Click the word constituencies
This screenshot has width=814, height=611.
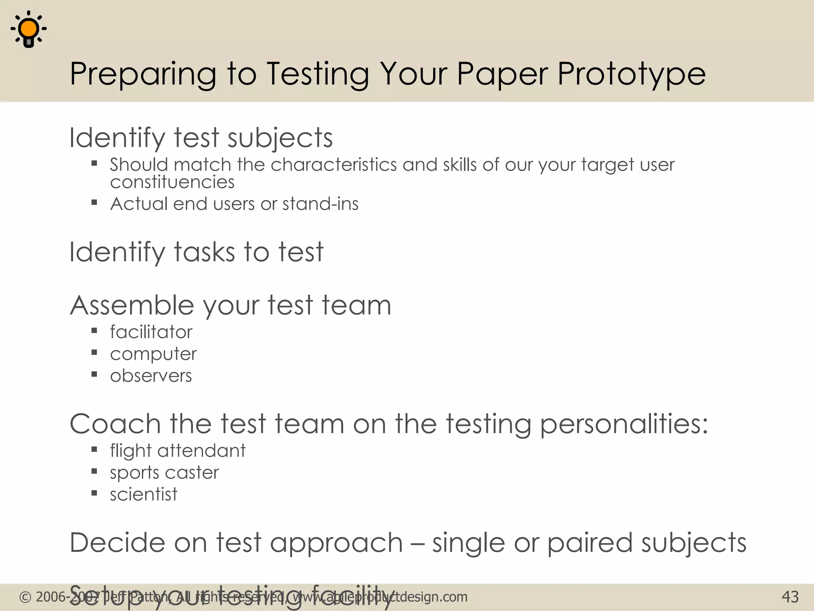tap(172, 182)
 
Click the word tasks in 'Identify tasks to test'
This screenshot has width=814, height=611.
tap(204, 252)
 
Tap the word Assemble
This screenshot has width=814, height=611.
tap(132, 305)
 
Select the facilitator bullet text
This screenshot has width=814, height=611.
tap(151, 332)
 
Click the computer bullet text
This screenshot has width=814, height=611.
tap(153, 354)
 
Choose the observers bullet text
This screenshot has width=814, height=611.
tap(151, 376)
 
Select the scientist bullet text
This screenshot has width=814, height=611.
tap(143, 494)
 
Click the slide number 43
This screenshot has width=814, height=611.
tap(790, 597)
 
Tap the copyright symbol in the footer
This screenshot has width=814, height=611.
tap(25, 597)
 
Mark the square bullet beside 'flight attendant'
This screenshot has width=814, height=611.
tap(94, 450)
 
